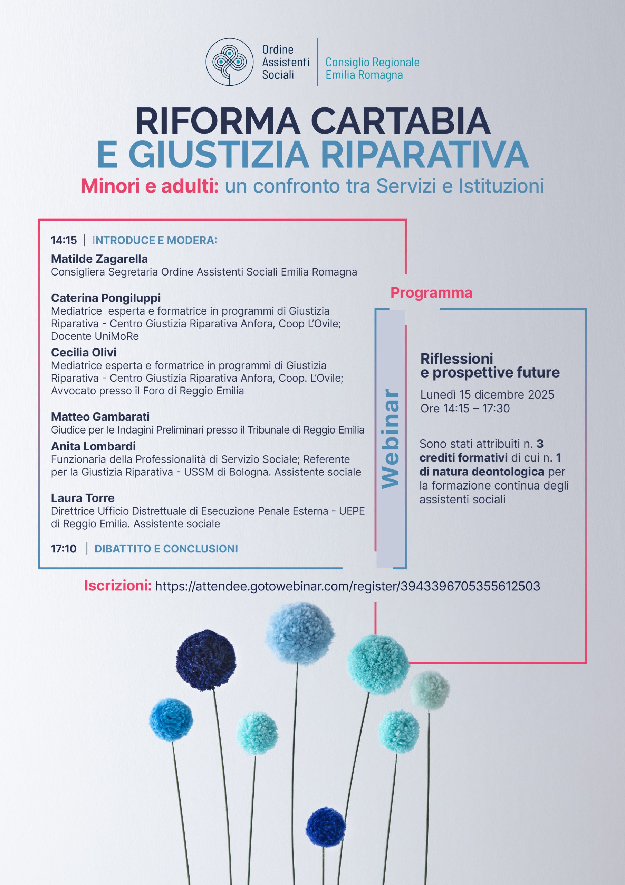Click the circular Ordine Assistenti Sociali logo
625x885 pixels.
pos(229,62)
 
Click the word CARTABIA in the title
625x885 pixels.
pos(400,121)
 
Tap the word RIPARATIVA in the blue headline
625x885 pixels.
pos(424,154)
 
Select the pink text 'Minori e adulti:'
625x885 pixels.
pos(150,187)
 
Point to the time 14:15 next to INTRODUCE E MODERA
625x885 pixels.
pos(64,241)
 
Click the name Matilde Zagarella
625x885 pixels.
pos(99,259)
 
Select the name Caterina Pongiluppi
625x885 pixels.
pos(106,298)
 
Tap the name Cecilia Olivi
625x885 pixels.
pos(84,352)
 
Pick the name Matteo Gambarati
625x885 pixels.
pos(100,417)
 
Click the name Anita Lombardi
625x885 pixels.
pos(93,446)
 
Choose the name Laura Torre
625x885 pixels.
pos(83,498)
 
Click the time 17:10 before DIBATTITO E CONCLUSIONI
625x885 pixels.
pos(64,549)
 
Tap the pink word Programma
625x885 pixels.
pos(431,293)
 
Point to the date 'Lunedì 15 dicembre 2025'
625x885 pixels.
pos(487,395)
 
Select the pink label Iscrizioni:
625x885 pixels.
pos(118,586)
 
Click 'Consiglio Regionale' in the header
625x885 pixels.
pos(372,62)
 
